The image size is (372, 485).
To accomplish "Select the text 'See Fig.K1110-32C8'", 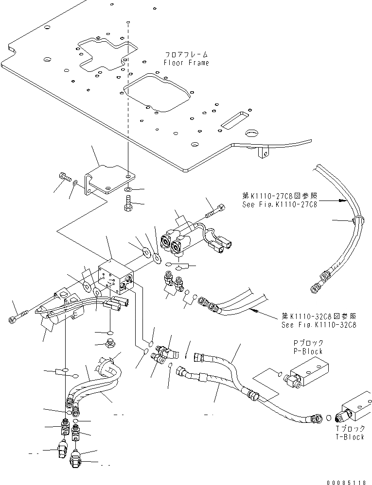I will pyautogui.click(x=319, y=325).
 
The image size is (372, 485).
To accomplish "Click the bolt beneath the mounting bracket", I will pyautogui.click(x=128, y=203).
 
